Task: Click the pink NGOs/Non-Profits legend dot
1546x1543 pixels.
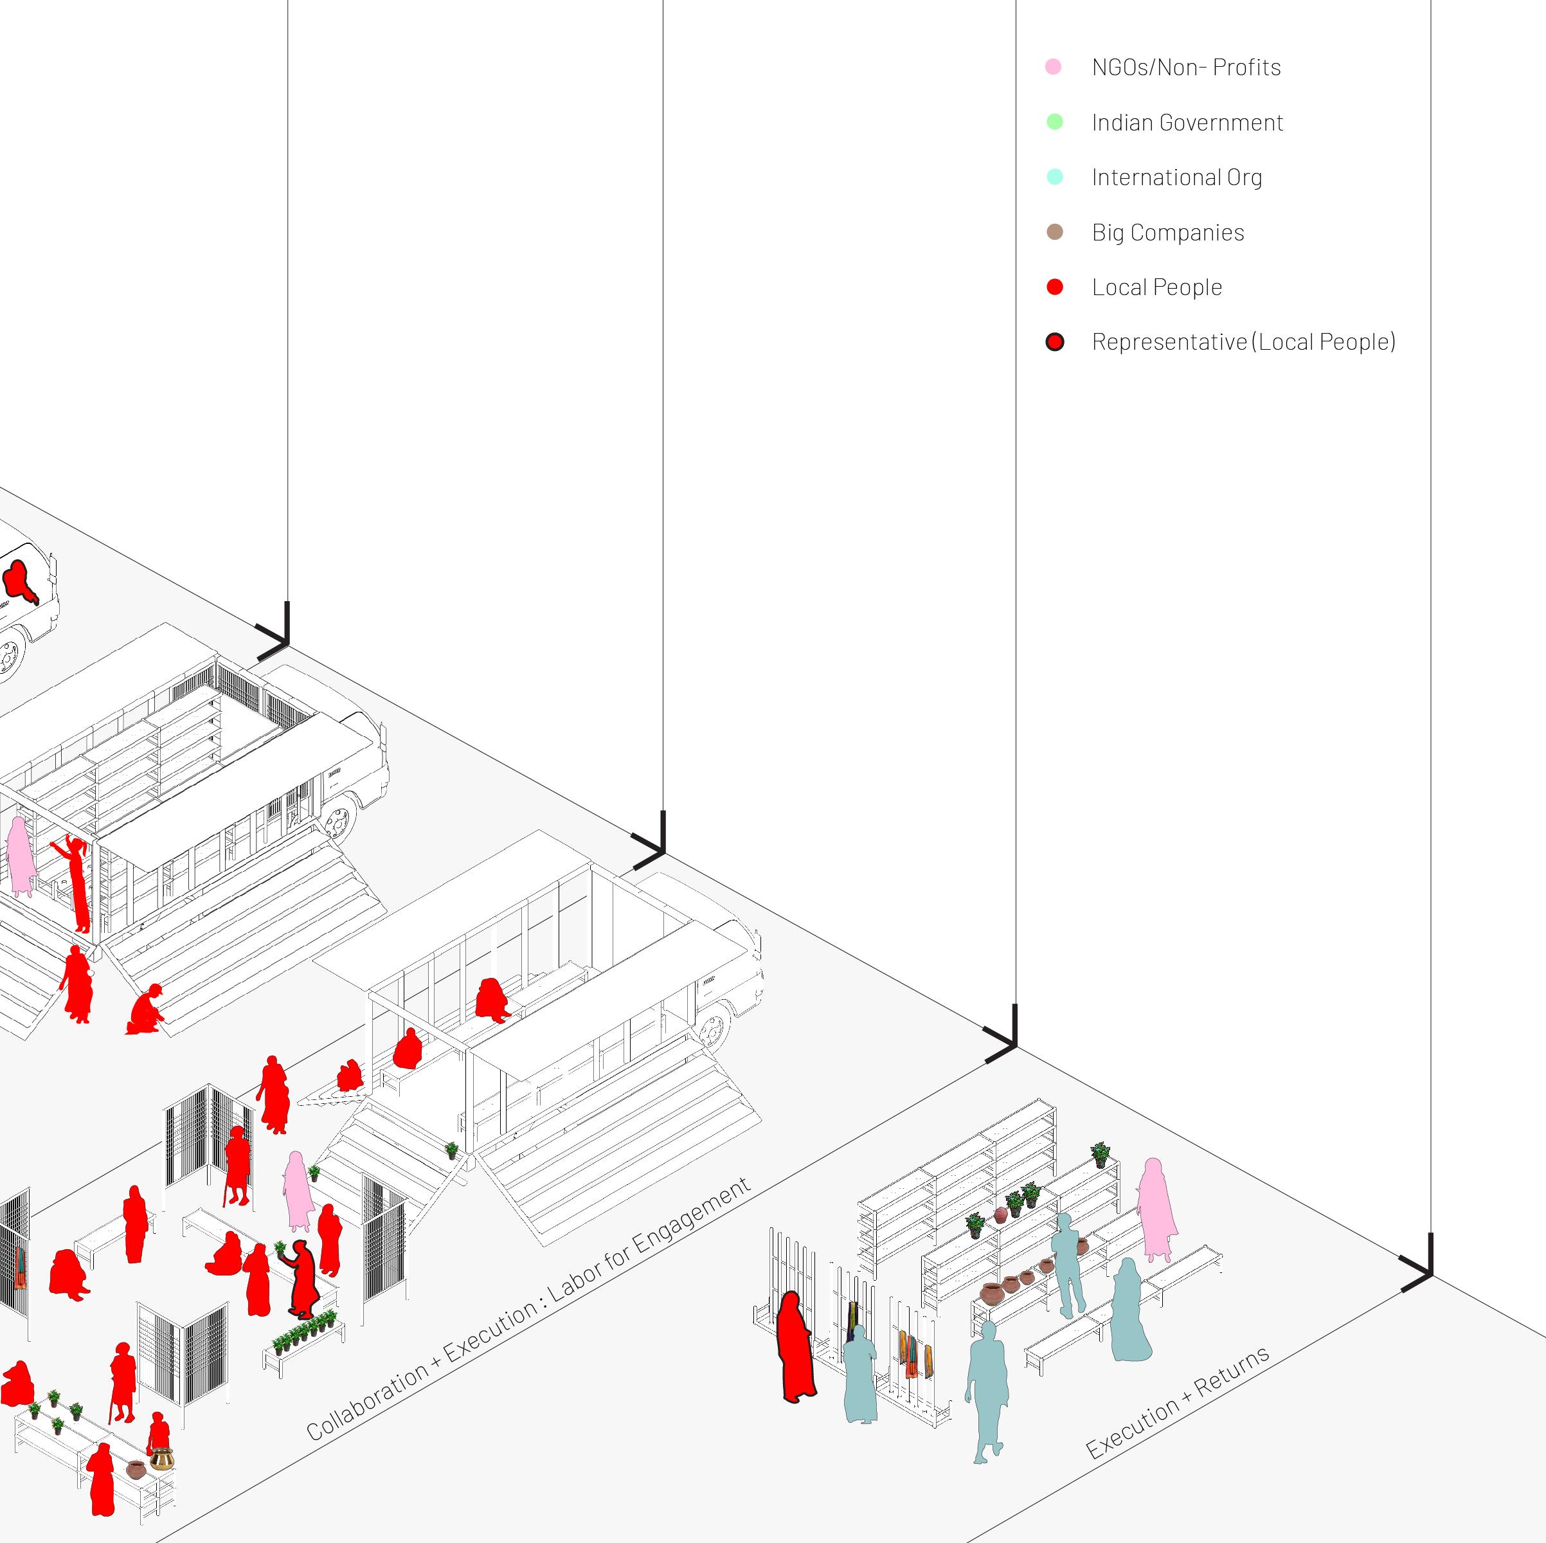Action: pos(1053,66)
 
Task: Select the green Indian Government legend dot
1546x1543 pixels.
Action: pos(1055,122)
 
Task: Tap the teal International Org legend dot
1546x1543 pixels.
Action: pos(1055,177)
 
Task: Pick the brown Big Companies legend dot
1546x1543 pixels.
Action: pos(1055,232)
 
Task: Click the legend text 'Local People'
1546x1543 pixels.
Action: pos(1156,287)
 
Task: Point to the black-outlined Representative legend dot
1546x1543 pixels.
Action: pos(1055,343)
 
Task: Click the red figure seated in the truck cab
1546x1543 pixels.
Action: pos(21,580)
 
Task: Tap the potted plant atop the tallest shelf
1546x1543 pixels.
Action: pos(1101,1153)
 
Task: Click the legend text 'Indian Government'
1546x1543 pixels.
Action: pos(1187,122)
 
